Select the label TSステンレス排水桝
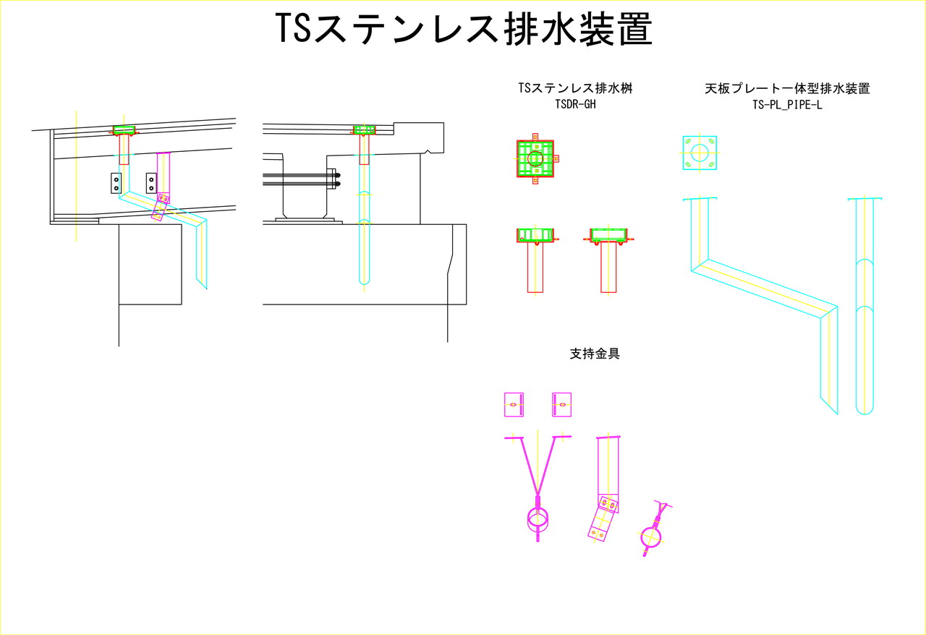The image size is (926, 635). point(575,89)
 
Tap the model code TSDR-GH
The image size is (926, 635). point(575,104)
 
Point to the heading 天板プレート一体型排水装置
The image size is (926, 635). point(787,89)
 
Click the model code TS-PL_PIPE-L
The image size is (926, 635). point(787,105)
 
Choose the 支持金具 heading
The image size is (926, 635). point(595,354)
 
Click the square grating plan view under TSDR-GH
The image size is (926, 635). point(535,158)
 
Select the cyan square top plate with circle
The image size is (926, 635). point(700,153)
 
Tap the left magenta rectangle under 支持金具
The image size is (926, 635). point(514,405)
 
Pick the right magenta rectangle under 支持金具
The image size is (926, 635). point(561,405)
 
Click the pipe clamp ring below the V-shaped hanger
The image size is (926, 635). point(538,519)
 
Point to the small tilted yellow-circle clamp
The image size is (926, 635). point(650,536)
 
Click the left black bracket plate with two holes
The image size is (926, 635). point(116,183)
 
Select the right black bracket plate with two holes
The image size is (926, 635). point(151,183)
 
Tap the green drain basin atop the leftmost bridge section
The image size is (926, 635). point(124,130)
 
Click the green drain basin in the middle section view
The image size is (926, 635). point(364,130)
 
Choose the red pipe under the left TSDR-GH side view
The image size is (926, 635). point(535,268)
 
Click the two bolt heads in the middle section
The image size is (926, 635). point(336,178)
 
